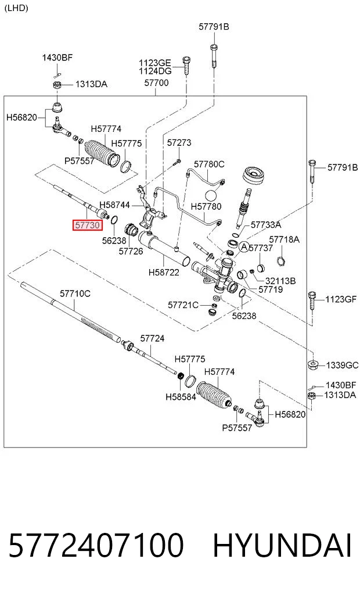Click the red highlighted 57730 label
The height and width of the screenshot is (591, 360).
[x=87, y=225]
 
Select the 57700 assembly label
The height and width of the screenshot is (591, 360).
[x=156, y=83]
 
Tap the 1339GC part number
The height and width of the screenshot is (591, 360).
[x=342, y=365]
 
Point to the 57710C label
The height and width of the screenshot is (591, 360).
[x=75, y=293]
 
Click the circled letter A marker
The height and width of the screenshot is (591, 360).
[x=244, y=247]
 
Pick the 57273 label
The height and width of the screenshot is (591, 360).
[x=179, y=142]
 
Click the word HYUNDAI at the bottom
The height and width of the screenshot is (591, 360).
[x=282, y=546]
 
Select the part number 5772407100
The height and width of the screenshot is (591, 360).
[x=96, y=546]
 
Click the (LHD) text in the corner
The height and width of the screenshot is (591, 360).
[x=16, y=8]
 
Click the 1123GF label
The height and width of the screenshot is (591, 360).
[x=341, y=299]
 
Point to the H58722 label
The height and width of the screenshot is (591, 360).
[x=164, y=272]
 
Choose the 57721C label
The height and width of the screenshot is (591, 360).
[x=183, y=305]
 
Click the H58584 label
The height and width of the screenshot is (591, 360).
[x=181, y=396]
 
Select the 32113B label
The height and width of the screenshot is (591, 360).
[x=280, y=281]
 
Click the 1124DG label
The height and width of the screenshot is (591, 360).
[x=155, y=71]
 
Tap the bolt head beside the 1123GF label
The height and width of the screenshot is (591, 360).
[x=312, y=295]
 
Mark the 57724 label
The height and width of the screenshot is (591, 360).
[x=152, y=338]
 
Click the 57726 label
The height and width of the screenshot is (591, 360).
[x=131, y=251]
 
